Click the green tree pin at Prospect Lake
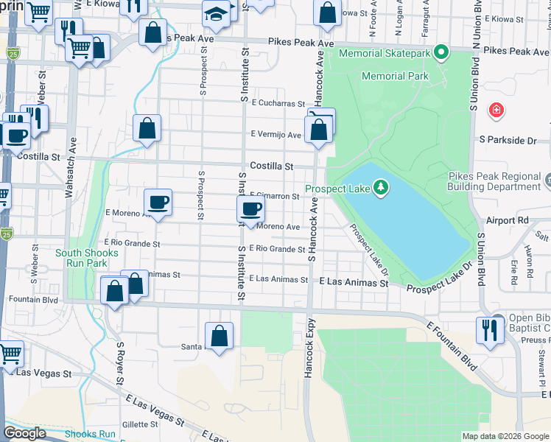tap(381, 189)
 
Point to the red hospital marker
tap(497, 110)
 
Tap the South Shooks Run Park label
tap(87, 258)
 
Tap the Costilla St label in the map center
tap(272, 166)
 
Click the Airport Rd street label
tap(508, 220)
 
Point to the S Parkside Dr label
tap(508, 140)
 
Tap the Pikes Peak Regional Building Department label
tap(499, 181)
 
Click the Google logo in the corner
tap(24, 433)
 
